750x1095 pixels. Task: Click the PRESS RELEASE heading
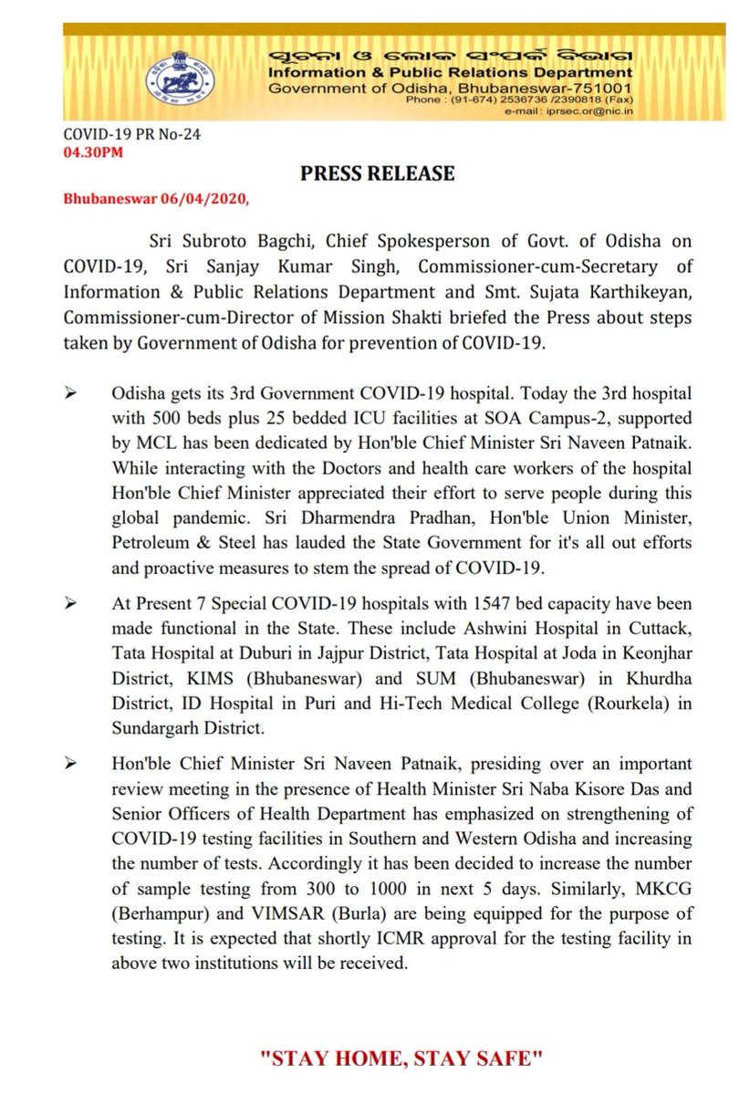377,172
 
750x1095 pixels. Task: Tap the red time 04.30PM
90,152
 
